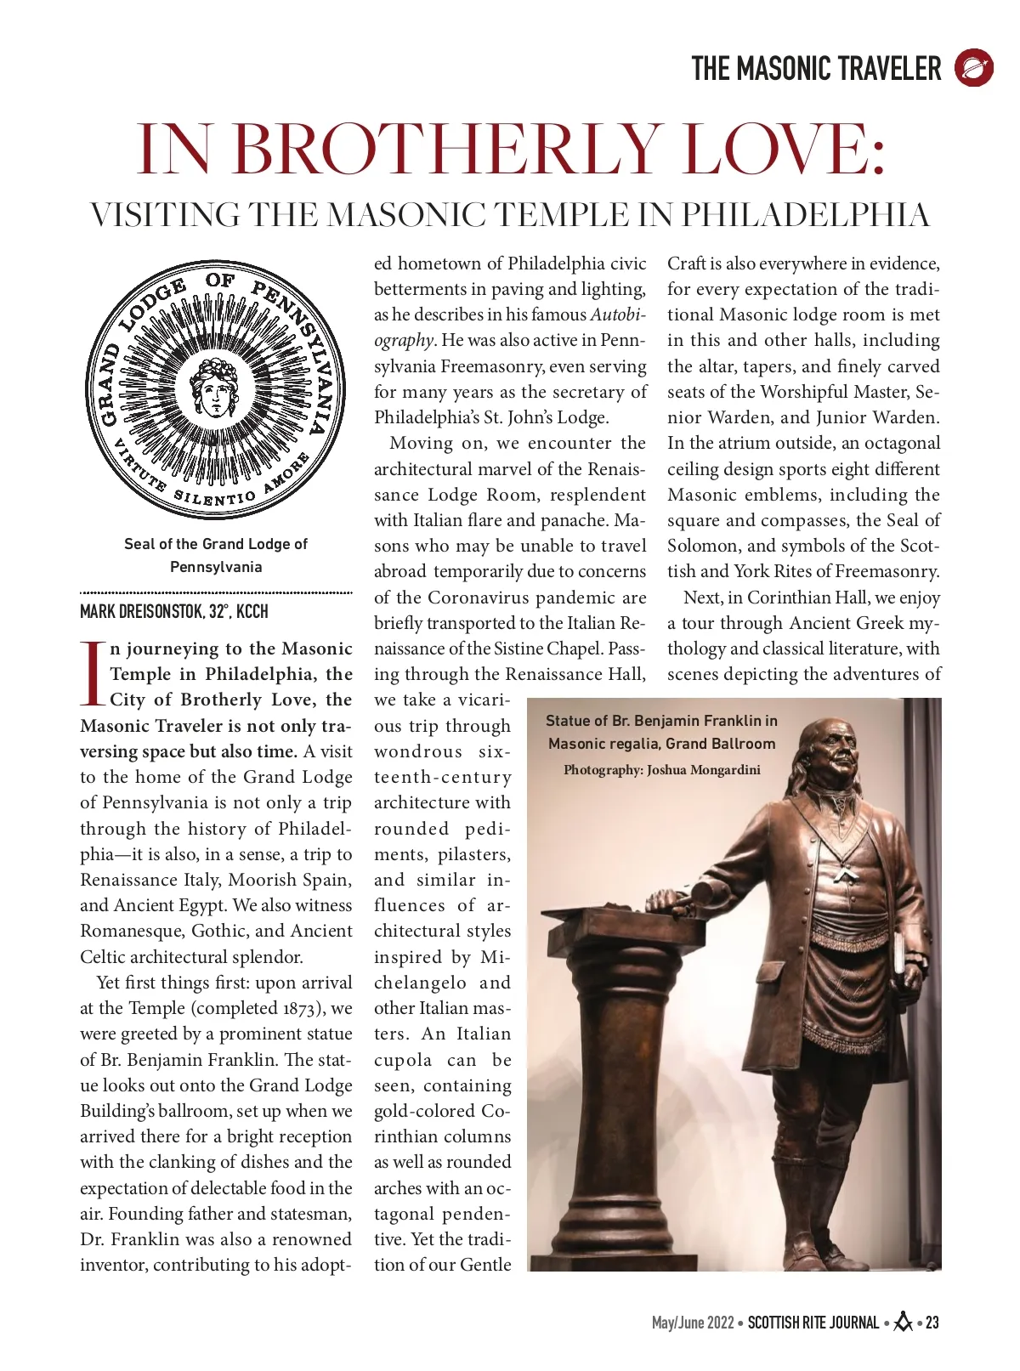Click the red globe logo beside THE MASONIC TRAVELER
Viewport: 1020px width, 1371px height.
tap(973, 68)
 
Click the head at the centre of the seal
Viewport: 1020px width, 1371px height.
tap(215, 387)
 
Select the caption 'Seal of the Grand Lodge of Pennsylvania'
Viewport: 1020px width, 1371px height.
tap(216, 555)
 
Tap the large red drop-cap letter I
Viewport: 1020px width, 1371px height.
tap(93, 674)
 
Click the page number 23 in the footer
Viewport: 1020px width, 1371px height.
tap(932, 1323)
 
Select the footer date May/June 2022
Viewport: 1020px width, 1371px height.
tap(692, 1323)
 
